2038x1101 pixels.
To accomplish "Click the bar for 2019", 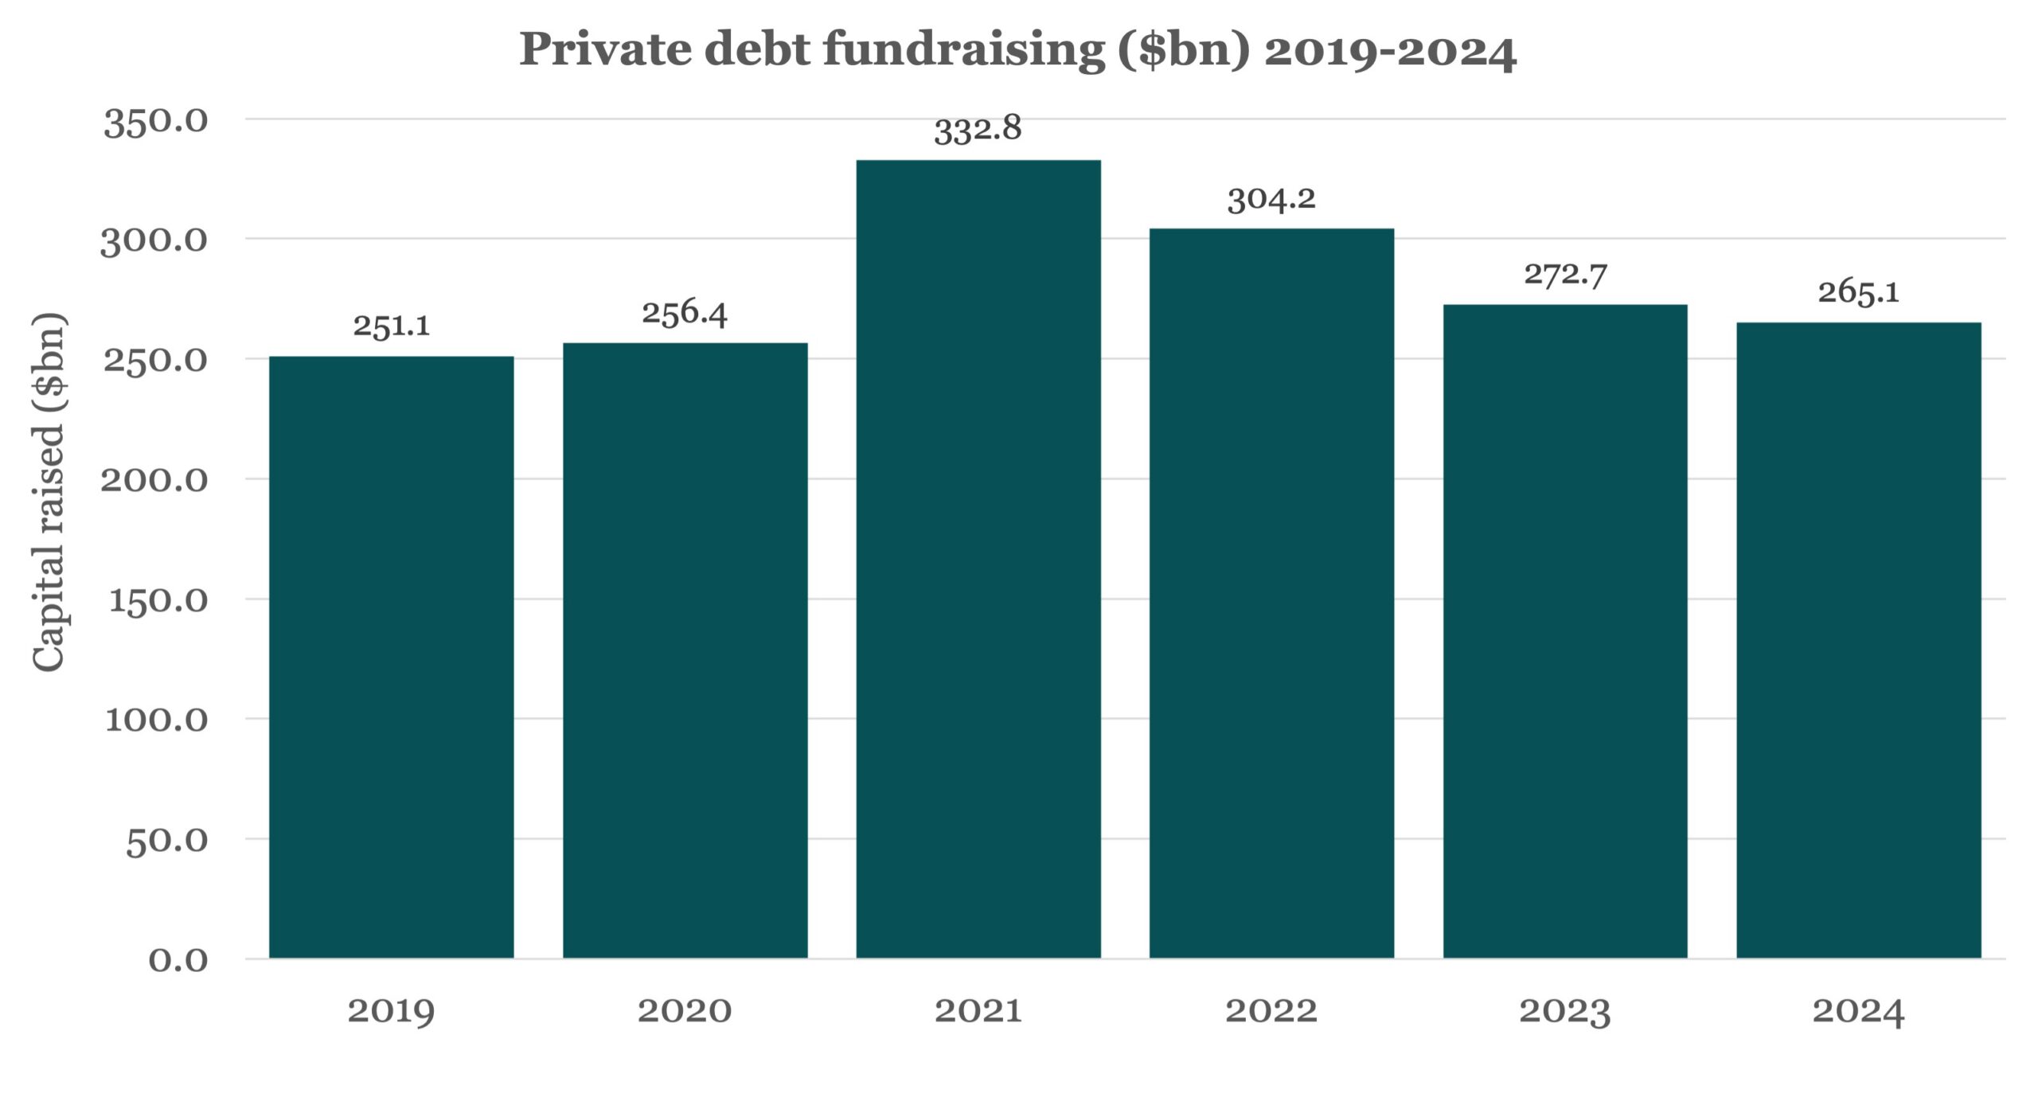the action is click(392, 657).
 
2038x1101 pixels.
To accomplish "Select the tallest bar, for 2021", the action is click(978, 559).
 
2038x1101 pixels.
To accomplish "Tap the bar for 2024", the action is click(1859, 640).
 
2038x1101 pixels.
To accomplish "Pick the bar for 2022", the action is click(1271, 593).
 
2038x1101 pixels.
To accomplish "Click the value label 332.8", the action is click(978, 129).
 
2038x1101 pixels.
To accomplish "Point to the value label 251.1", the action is click(392, 325).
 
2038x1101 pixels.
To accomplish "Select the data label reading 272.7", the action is click(1565, 275).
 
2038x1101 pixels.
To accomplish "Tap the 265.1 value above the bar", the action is click(1859, 292).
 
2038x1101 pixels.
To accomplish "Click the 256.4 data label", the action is click(685, 313).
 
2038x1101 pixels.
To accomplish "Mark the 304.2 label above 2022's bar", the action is click(1271, 199).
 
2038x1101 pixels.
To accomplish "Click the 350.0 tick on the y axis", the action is click(155, 123).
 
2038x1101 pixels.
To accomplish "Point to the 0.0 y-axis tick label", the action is click(178, 960).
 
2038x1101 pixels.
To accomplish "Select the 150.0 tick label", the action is click(158, 600).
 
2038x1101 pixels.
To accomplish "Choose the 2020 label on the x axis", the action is click(685, 1011).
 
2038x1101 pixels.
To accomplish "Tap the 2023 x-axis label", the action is click(1565, 1012).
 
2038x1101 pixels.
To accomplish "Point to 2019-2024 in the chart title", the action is click(1390, 50).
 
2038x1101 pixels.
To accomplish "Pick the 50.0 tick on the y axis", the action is click(166, 841).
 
